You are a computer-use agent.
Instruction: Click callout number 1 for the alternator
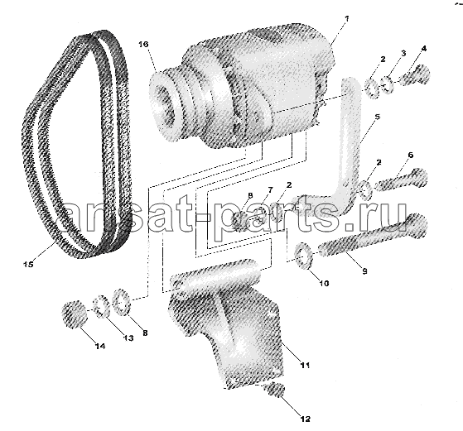point(347,19)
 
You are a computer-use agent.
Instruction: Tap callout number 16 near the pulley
point(143,45)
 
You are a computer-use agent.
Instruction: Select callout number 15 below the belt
point(29,264)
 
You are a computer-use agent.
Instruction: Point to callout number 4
point(424,49)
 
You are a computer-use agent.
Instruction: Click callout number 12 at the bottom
point(306,419)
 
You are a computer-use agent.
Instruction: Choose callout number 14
point(100,346)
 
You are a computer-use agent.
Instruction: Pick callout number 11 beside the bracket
point(305,365)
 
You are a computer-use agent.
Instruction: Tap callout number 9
point(364,271)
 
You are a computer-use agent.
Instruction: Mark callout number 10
point(324,283)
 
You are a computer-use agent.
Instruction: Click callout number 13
point(128,338)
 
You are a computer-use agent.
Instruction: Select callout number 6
point(411,156)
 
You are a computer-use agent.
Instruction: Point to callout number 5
point(377,117)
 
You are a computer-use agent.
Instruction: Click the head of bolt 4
point(420,73)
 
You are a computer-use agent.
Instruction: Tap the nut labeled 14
point(74,314)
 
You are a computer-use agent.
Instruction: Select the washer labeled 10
point(303,256)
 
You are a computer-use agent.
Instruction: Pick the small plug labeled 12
point(276,389)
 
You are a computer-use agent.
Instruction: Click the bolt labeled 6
point(402,180)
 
